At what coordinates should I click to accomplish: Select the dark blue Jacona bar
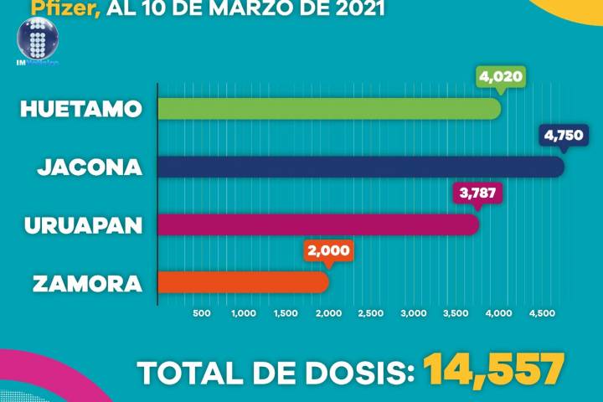pos(360,167)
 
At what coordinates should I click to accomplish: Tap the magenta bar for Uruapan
pos(318,225)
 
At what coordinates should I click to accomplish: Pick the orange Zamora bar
pos(243,283)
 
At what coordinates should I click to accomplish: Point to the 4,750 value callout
pos(564,135)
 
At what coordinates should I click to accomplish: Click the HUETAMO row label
pos(80,110)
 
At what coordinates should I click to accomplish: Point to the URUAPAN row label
pos(84,225)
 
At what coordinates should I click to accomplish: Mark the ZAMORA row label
pos(87,283)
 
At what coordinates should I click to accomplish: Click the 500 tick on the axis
pos(201,313)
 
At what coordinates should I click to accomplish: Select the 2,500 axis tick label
pos(371,313)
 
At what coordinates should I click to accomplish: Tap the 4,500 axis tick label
pos(541,313)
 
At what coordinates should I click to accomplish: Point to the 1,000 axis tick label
pos(243,313)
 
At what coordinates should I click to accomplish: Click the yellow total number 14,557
pos(492,371)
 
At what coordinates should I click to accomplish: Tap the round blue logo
pos(36,39)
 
